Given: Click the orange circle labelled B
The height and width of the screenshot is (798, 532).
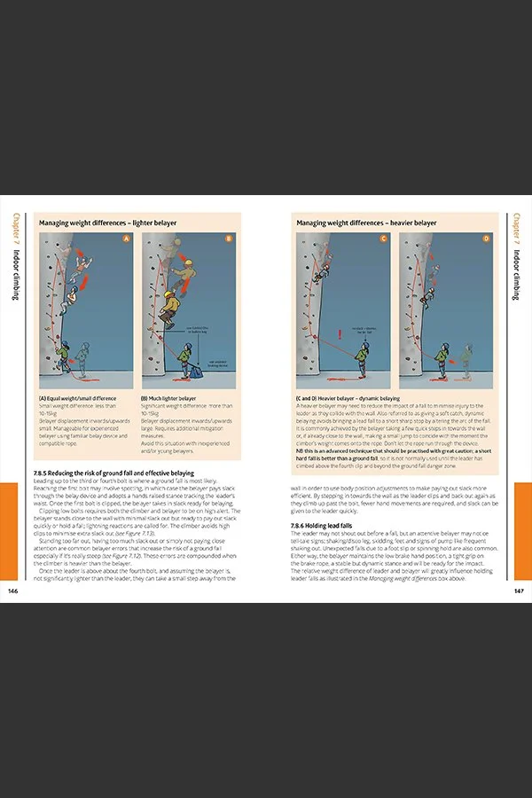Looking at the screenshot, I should pos(228,239).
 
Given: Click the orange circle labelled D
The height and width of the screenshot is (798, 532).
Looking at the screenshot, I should pos(486,239).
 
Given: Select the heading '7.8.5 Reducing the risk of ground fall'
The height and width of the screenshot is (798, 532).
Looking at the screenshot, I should pos(113,473).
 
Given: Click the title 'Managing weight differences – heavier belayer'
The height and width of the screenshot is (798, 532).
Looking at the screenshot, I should pos(366,223).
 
